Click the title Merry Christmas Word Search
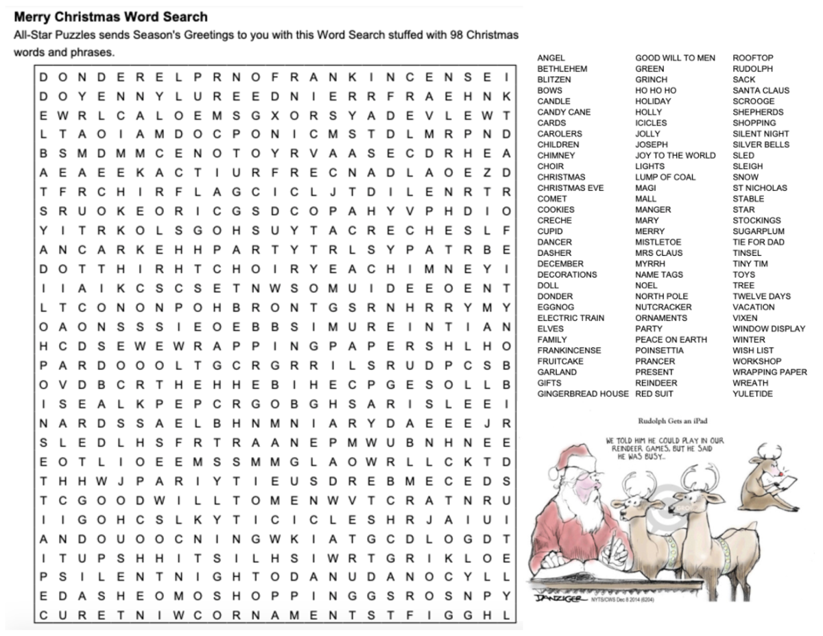pyautogui.click(x=110, y=16)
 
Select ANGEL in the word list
pyautogui.click(x=551, y=58)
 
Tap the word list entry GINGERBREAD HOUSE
pyautogui.click(x=582, y=394)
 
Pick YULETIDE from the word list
pyautogui.click(x=752, y=394)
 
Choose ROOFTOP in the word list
pyautogui.click(x=752, y=58)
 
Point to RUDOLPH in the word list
pyautogui.click(x=752, y=69)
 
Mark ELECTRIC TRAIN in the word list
pyautogui.click(x=571, y=318)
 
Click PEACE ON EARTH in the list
pyautogui.click(x=671, y=340)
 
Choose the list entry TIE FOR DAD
pyautogui.click(x=759, y=242)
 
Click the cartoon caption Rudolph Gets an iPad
pyautogui.click(x=671, y=421)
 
